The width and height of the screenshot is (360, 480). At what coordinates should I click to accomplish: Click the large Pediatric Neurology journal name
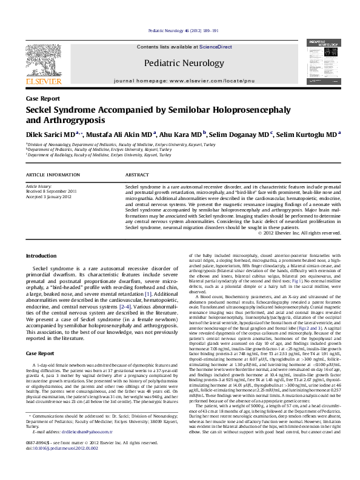(x=179, y=62)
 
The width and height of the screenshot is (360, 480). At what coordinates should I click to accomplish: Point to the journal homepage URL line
(x=179, y=79)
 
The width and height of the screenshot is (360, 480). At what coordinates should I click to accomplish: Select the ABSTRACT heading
(x=137, y=175)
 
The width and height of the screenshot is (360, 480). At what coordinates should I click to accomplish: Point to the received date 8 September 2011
(x=51, y=191)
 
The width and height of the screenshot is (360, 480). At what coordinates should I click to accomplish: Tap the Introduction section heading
(x=42, y=256)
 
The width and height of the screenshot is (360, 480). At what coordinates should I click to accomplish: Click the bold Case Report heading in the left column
(x=41, y=353)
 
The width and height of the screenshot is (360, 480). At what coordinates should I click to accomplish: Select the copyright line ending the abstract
(x=299, y=232)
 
